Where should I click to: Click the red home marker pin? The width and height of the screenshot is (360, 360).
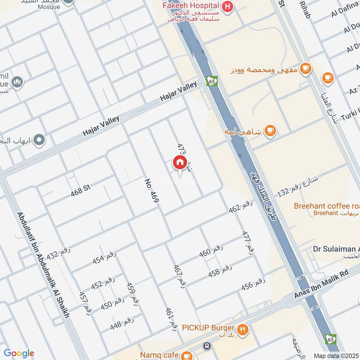[180, 162]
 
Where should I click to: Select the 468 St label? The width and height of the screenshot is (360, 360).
[81, 190]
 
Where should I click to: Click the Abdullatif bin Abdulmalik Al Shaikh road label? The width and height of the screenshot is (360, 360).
[43, 265]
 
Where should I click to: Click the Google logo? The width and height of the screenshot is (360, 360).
[19, 353]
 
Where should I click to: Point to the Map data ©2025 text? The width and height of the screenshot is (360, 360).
[335, 355]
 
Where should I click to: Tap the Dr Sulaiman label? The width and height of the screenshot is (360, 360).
[336, 249]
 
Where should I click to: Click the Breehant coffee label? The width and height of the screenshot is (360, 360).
[326, 206]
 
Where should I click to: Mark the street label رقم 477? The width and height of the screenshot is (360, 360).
[246, 243]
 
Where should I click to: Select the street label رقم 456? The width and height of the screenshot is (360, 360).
[253, 285]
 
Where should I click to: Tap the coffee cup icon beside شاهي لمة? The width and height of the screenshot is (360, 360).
[270, 130]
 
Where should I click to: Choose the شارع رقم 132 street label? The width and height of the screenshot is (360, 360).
[297, 186]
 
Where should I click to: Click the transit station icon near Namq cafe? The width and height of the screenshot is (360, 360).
[207, 346]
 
